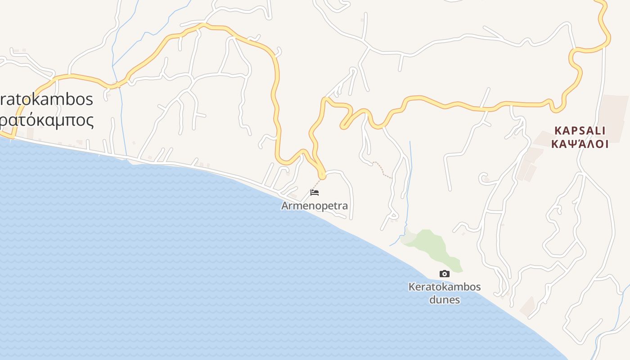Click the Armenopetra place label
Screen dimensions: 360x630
[x=315, y=206]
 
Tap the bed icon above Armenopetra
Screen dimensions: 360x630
[x=315, y=193]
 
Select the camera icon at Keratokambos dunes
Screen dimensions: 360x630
[x=444, y=274]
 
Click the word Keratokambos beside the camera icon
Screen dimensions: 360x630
[x=444, y=287]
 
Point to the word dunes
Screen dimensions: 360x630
[x=444, y=299]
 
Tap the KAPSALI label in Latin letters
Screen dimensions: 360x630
[x=580, y=130]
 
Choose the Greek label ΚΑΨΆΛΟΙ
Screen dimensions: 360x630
[x=580, y=144]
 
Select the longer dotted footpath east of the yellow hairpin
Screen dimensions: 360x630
[x=382, y=169]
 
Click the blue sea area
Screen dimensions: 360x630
[x=180, y=270]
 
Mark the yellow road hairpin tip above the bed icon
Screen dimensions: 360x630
[x=322, y=176]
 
